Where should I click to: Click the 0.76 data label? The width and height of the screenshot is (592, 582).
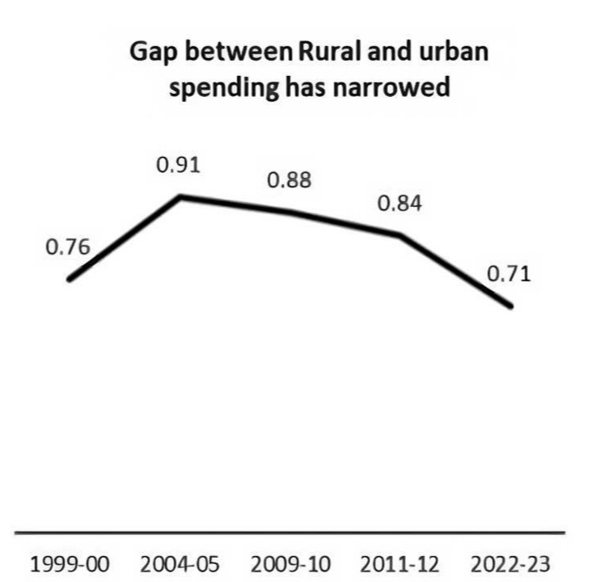click(x=67, y=247)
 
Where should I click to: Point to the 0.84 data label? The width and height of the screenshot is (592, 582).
click(x=399, y=204)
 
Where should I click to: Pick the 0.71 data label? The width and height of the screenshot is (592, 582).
click(x=509, y=274)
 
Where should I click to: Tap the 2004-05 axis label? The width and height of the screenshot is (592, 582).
click(x=179, y=563)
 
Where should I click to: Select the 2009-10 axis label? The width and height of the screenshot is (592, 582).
click(x=289, y=563)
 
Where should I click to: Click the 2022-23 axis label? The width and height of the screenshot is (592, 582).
click(x=510, y=563)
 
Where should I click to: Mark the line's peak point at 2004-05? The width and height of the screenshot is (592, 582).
click(x=180, y=196)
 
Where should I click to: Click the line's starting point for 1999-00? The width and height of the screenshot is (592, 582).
click(x=70, y=280)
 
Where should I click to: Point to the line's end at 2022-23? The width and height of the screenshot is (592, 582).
click(x=510, y=306)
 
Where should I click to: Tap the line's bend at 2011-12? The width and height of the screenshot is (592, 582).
click(x=400, y=235)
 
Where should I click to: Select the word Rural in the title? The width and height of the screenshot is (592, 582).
click(x=326, y=54)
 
